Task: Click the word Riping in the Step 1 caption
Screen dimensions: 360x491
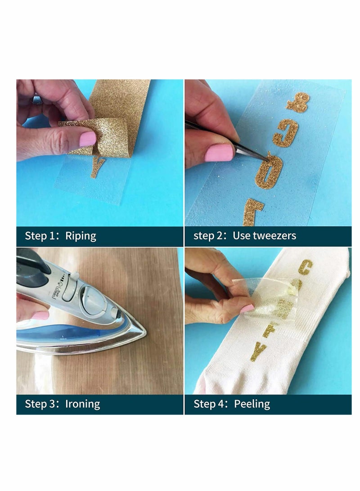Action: pos(81,236)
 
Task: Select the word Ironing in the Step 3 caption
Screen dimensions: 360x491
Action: pos(82,404)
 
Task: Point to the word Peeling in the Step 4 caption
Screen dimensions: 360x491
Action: pos(252,404)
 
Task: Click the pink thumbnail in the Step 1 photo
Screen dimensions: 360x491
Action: pos(87,139)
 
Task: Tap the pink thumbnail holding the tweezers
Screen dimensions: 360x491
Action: pos(219,153)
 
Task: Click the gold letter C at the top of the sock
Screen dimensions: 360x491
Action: pos(305,267)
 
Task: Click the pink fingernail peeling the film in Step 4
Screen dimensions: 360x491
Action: pos(247,309)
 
